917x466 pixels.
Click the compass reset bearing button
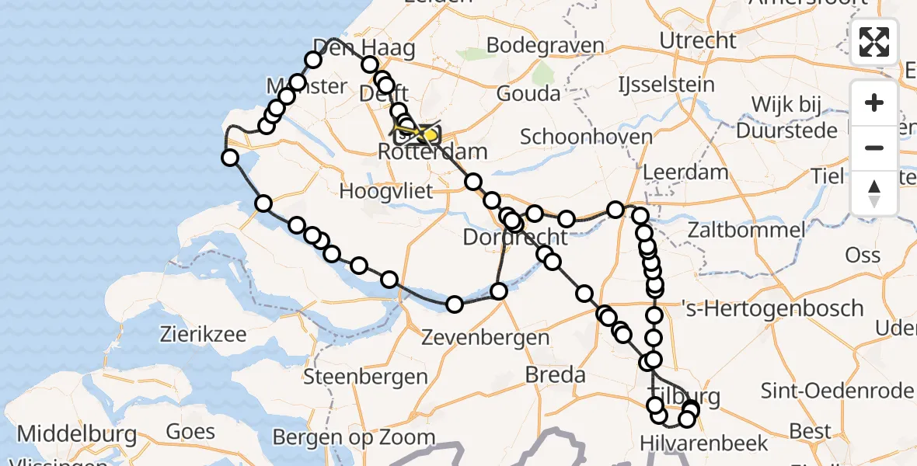pos(874,193)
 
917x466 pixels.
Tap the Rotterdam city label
pos(433,152)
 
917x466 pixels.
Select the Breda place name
pos(555,375)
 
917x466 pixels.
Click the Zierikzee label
pos(203,336)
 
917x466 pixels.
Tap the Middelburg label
pos(76,433)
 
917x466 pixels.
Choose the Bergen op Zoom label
pos(354,437)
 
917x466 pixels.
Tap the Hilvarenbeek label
pos(704,443)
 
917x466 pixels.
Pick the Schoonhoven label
pos(586,137)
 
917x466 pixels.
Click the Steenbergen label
pos(365,377)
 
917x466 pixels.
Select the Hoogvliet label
pos(385,190)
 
